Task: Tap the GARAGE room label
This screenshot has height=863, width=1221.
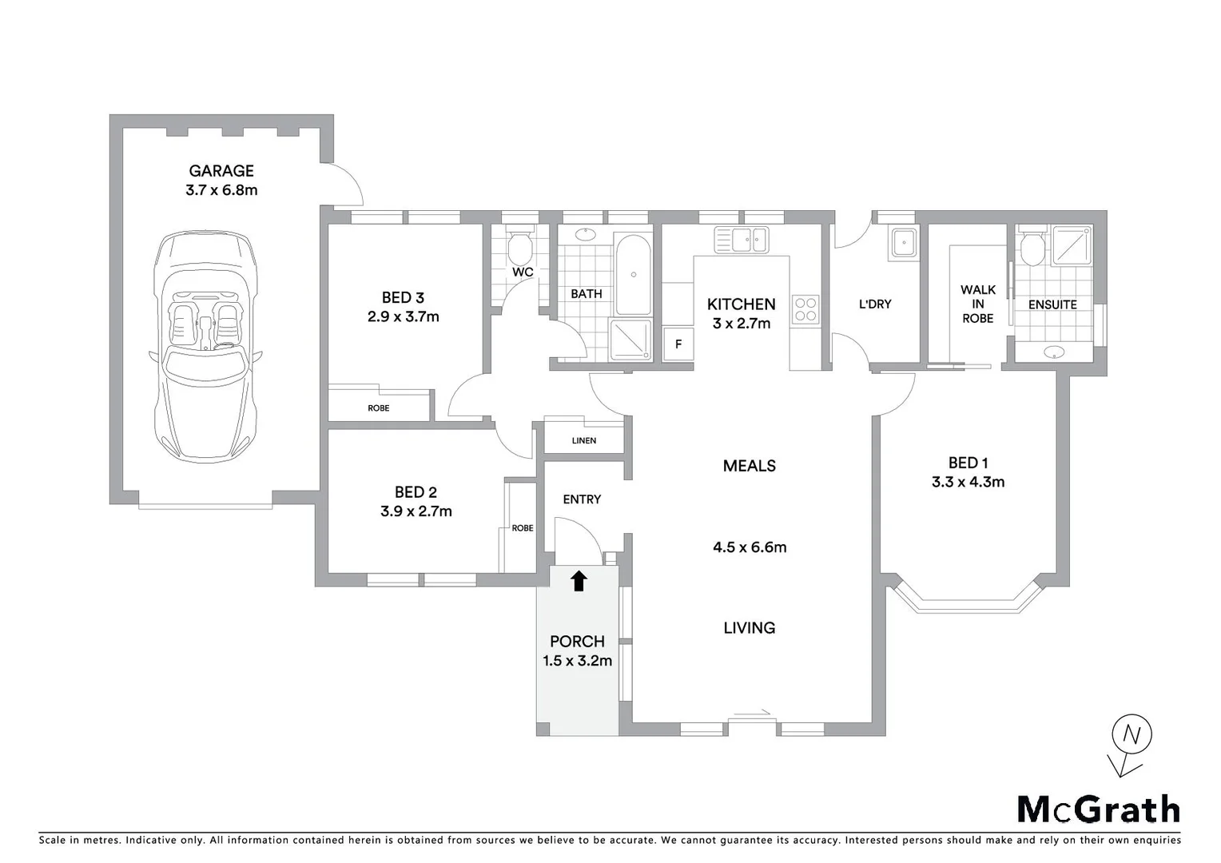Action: (221, 171)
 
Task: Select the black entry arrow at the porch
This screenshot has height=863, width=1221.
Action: (579, 581)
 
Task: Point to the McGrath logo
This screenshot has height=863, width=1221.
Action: (1098, 809)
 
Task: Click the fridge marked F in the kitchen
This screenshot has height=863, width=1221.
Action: (678, 344)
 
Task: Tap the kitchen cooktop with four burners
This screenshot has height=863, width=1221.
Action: (805, 309)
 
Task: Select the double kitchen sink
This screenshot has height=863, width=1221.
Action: (742, 240)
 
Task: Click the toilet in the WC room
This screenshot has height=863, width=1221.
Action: (520, 246)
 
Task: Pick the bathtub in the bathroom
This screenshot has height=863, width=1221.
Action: (634, 274)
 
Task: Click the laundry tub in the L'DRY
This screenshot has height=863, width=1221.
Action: (904, 242)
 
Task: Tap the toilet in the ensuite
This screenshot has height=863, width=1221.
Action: (1032, 248)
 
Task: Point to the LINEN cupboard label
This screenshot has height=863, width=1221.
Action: (584, 440)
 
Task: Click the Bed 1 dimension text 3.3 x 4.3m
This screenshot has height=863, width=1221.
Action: (968, 482)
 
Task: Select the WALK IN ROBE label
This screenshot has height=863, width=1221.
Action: (977, 304)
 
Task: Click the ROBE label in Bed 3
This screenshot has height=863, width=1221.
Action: (379, 408)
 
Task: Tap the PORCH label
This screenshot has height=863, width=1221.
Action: (577, 641)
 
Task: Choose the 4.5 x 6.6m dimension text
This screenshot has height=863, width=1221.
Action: (750, 547)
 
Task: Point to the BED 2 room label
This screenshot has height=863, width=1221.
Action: (416, 492)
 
